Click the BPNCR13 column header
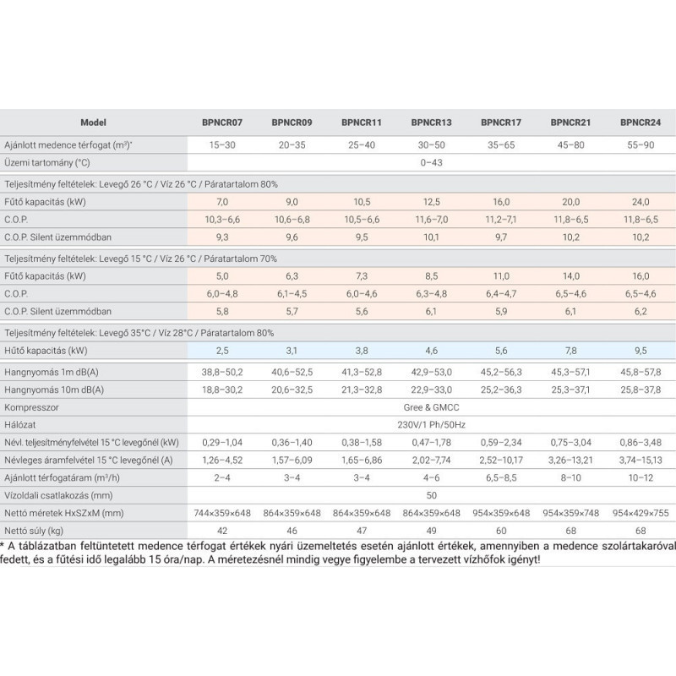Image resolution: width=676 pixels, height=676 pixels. (x=431, y=123)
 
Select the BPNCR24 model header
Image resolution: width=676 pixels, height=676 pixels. (x=641, y=123)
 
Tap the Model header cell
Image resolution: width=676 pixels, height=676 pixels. (x=93, y=123)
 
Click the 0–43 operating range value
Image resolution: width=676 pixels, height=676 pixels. (x=431, y=162)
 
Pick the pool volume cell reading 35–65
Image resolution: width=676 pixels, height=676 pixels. (x=501, y=144)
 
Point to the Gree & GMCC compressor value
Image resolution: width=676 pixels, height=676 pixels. (x=431, y=407)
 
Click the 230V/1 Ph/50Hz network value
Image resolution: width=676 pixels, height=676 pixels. (x=431, y=425)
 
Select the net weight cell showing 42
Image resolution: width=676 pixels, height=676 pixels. (x=222, y=531)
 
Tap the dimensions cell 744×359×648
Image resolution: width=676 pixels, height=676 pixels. (x=222, y=513)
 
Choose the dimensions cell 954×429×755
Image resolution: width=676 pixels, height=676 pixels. (x=641, y=513)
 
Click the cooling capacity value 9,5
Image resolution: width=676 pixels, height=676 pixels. (x=641, y=351)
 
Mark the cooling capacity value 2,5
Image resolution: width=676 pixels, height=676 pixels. (x=222, y=351)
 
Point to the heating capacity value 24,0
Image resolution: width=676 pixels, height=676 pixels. (x=641, y=202)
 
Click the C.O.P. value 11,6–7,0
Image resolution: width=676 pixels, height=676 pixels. (x=431, y=220)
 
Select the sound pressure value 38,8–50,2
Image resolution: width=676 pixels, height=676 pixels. (x=222, y=372)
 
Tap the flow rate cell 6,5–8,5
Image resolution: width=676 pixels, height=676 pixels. (x=501, y=477)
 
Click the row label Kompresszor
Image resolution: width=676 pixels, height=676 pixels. (x=31, y=407)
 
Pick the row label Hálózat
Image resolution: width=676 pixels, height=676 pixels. (x=19, y=425)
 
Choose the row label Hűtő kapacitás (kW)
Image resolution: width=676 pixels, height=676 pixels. (x=46, y=351)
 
